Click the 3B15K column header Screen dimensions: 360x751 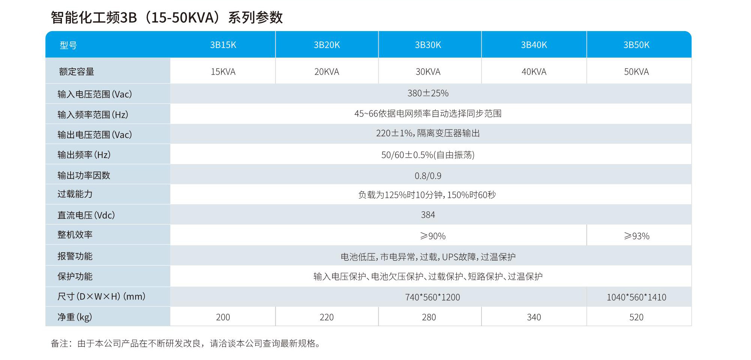click(223, 45)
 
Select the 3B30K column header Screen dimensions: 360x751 click(428, 45)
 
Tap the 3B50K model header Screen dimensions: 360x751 click(636, 45)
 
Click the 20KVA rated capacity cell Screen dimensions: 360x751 click(327, 72)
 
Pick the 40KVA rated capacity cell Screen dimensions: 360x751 click(534, 72)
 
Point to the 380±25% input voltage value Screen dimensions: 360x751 click(428, 93)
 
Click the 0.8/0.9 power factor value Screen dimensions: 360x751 click(428, 176)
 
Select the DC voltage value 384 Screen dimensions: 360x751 click(428, 215)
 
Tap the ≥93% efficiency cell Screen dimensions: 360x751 click(637, 236)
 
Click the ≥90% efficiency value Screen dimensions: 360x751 click(433, 236)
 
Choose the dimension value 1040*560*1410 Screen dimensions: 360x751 click(636, 297)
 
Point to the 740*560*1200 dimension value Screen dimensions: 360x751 click(432, 297)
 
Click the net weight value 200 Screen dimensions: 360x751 click(223, 317)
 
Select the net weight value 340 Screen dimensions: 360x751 click(534, 317)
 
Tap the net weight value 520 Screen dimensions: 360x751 click(636, 317)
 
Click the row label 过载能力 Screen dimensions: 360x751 click(75, 194)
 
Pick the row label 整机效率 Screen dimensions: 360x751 click(75, 235)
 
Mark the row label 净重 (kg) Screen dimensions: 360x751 click(74, 317)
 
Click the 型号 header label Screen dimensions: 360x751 click(68, 45)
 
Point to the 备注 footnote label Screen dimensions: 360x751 click(60, 343)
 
